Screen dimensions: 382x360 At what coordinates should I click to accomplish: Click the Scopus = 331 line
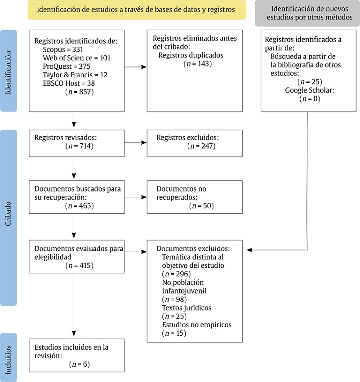(x=63, y=49)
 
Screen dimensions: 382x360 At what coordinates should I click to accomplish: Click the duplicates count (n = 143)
(x=198, y=63)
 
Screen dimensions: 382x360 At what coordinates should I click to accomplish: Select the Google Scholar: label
(x=310, y=90)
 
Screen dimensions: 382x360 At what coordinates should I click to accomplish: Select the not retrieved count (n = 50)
(x=201, y=206)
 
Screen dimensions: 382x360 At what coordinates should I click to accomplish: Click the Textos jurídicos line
(x=186, y=308)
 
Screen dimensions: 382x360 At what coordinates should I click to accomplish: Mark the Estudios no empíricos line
(x=196, y=325)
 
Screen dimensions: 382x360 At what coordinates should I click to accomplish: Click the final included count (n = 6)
(x=80, y=364)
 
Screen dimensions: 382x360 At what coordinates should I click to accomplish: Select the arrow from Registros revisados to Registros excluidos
(x=136, y=143)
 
